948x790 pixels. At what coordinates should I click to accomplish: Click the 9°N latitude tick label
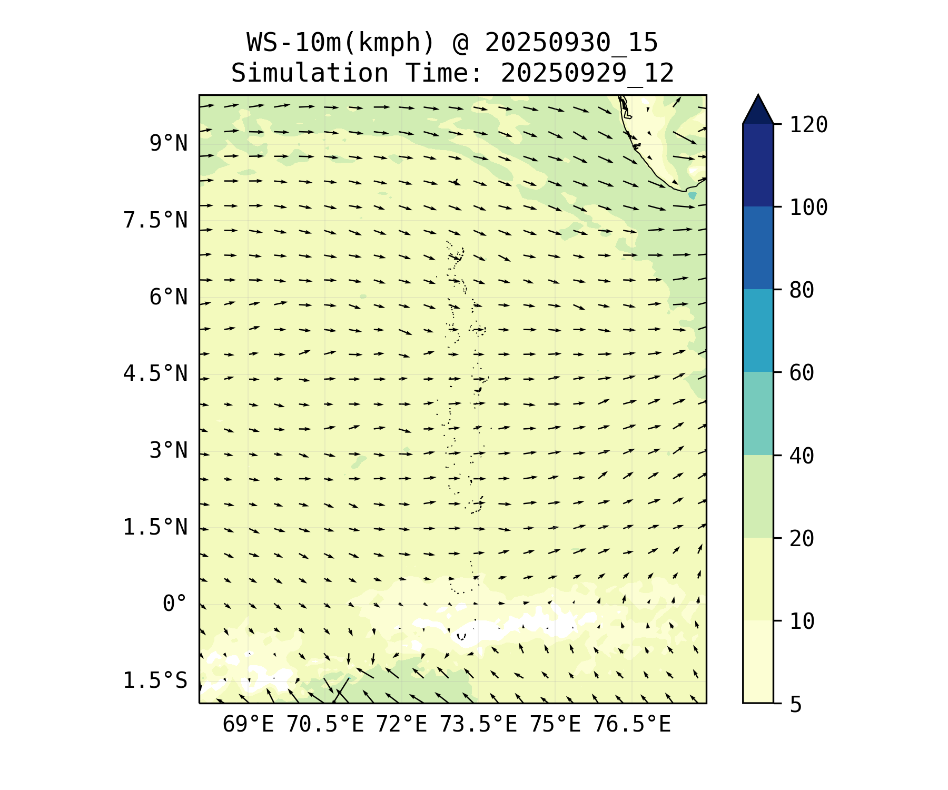(x=169, y=143)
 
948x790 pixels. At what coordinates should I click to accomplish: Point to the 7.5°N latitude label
(x=155, y=220)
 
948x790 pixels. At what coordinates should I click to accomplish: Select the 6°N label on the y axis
(x=169, y=297)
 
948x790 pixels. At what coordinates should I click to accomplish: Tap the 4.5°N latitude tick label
(x=155, y=374)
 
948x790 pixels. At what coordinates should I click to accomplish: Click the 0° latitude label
(x=175, y=604)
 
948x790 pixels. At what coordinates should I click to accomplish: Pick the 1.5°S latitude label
(x=155, y=680)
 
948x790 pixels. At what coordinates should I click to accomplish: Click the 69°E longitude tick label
(x=248, y=725)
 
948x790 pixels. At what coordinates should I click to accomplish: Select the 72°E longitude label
(x=401, y=725)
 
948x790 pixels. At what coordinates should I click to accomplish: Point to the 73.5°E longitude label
(x=478, y=725)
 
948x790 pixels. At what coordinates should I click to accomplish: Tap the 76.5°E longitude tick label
(x=632, y=725)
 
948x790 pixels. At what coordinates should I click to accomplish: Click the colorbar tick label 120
(x=808, y=125)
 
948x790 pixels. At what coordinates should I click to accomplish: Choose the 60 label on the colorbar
(x=802, y=373)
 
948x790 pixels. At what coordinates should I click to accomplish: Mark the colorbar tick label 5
(x=796, y=704)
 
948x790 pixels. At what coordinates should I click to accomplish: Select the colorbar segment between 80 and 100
(x=758, y=248)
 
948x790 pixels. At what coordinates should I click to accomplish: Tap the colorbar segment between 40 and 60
(x=758, y=413)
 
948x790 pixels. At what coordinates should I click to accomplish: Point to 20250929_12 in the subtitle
(x=587, y=73)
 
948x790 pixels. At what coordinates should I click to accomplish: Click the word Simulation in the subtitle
(x=310, y=73)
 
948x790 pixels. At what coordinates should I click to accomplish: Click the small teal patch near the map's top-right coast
(x=692, y=195)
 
